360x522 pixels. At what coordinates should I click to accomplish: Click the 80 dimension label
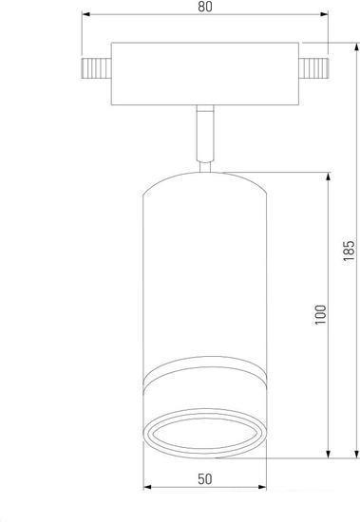[205, 7]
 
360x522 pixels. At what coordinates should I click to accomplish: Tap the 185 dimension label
[349, 250]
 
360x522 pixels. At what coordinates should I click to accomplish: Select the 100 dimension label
[320, 314]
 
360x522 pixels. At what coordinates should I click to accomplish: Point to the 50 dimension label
[204, 479]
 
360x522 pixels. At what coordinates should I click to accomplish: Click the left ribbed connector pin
[96, 68]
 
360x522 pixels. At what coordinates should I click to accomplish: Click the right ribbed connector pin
[314, 68]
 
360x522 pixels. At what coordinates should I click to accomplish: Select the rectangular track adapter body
[205, 74]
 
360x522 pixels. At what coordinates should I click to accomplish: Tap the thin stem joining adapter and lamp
[205, 133]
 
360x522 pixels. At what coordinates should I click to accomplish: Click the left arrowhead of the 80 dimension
[86, 14]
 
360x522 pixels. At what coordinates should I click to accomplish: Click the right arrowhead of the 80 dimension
[324, 14]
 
